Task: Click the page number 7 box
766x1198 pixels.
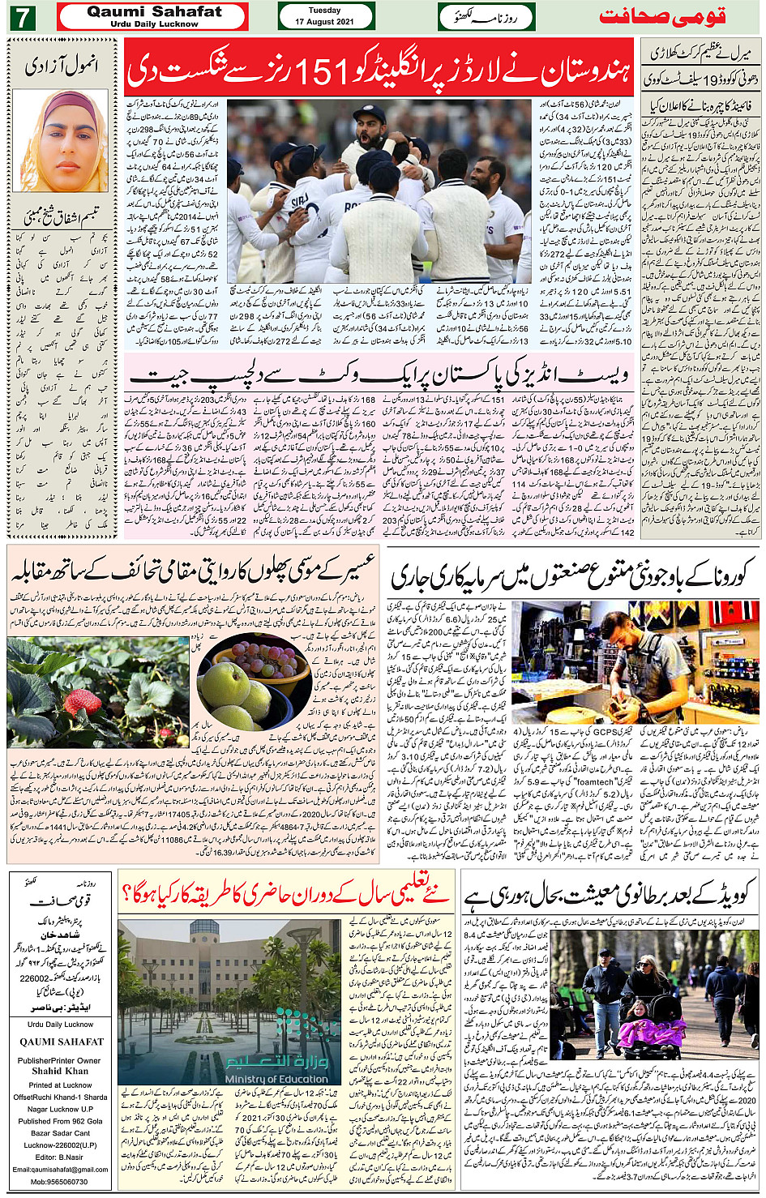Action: point(22,17)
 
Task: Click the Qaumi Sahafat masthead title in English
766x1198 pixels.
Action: point(154,12)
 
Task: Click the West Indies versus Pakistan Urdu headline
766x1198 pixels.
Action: point(380,374)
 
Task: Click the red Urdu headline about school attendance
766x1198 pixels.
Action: point(284,894)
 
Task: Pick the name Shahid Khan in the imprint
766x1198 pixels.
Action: point(58,1071)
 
